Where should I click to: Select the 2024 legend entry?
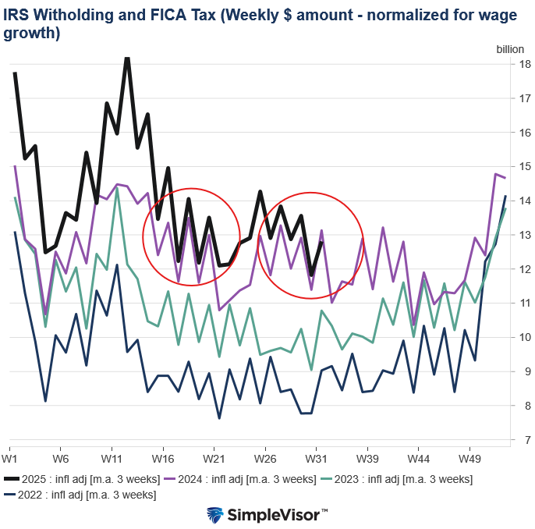click(247, 478)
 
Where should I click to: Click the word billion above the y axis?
click(511, 48)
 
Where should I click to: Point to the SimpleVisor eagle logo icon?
click(215, 514)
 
